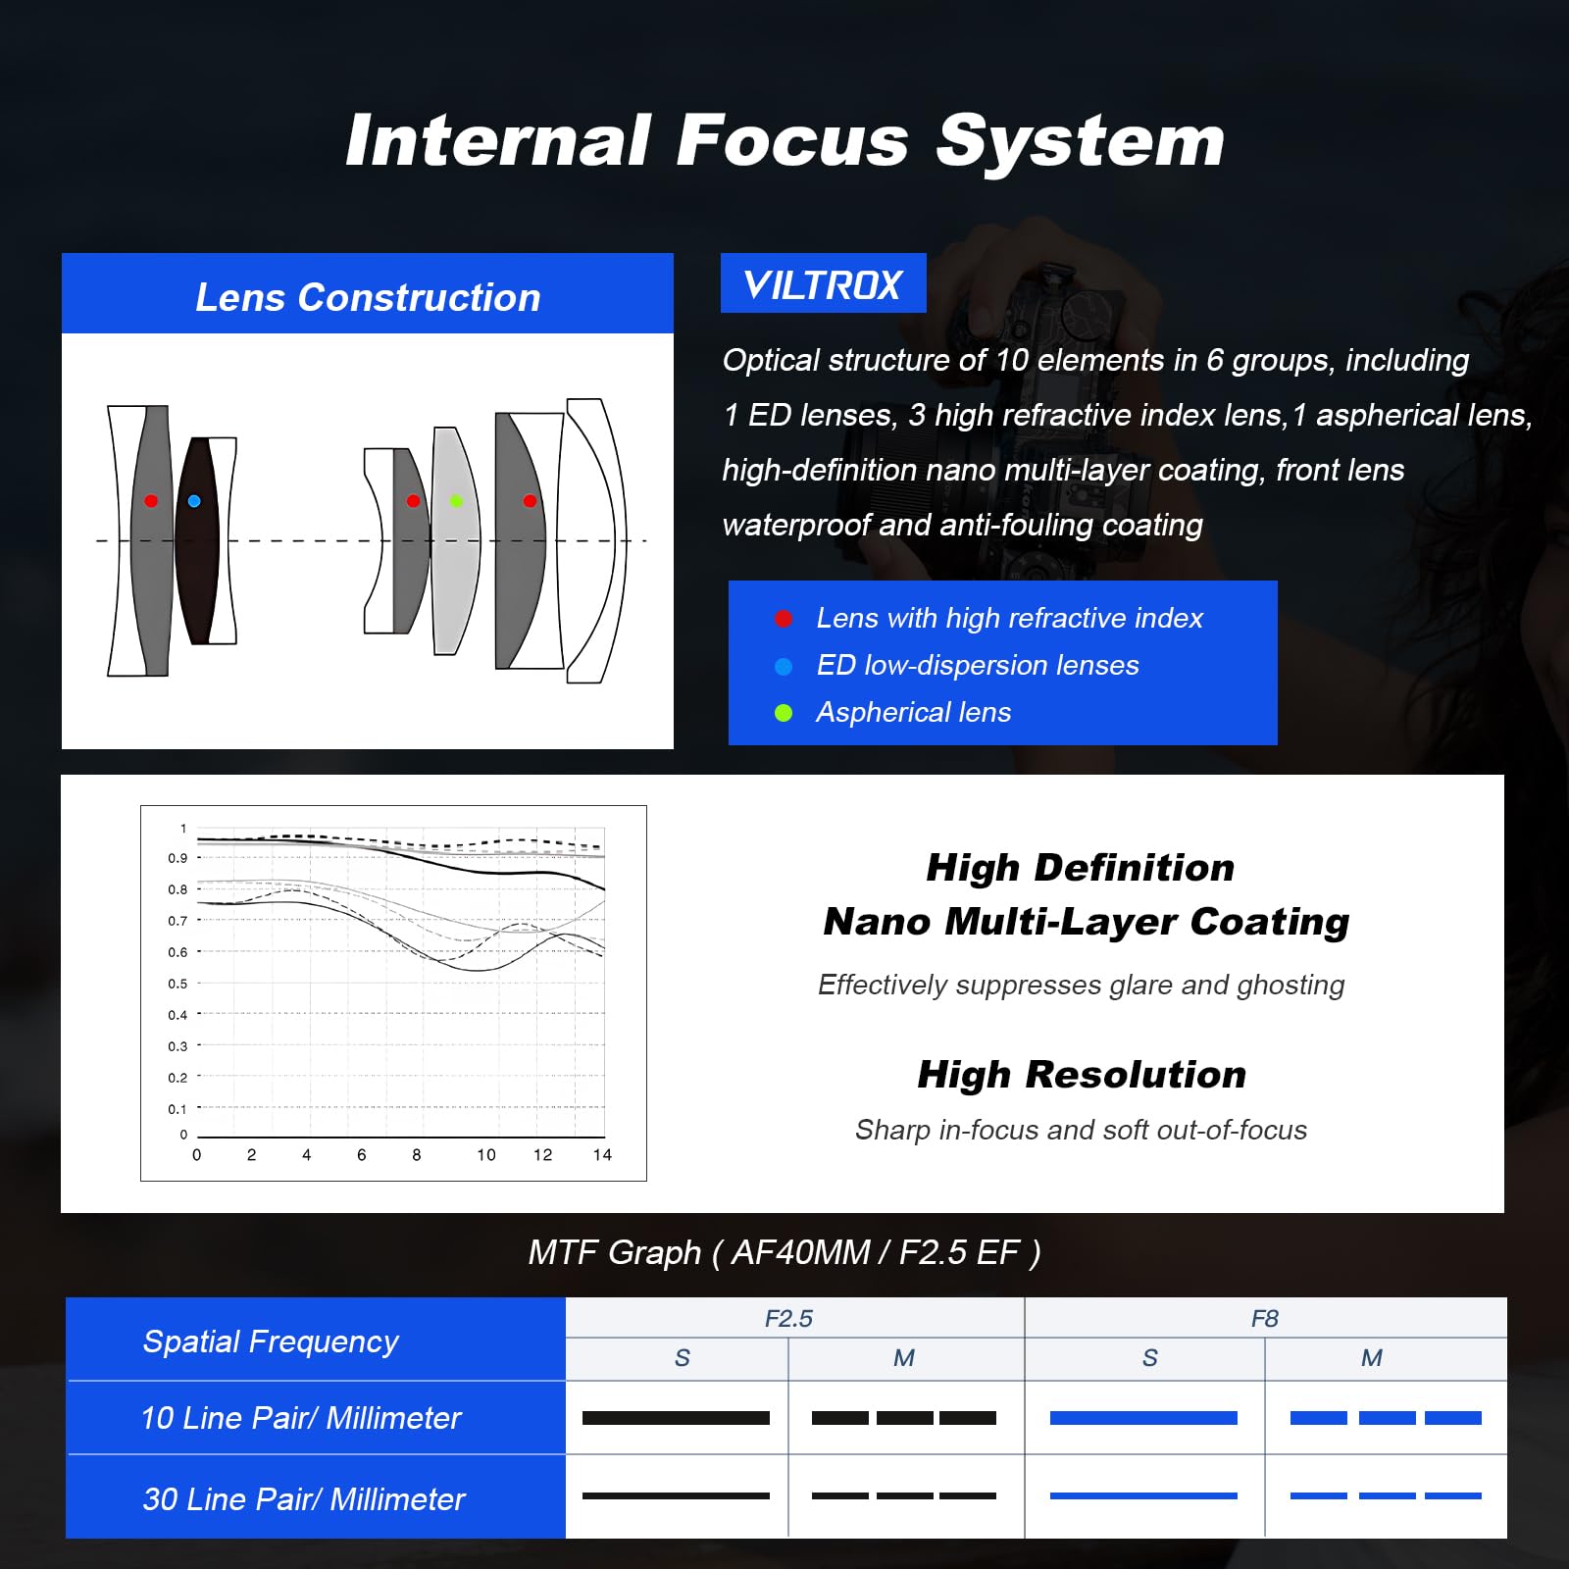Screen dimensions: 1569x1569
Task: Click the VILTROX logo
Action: tap(823, 284)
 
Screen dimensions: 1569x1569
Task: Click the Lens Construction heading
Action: tap(368, 297)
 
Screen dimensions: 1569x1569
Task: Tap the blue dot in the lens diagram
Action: tap(194, 501)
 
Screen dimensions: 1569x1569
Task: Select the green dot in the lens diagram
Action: tap(456, 501)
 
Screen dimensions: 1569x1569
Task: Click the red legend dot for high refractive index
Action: tap(784, 619)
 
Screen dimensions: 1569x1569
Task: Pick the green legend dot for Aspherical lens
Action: tap(784, 713)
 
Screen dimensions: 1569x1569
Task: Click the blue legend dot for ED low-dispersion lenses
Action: tap(784, 667)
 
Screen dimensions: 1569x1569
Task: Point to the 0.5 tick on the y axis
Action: tap(177, 984)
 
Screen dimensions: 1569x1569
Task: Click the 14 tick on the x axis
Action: tap(602, 1155)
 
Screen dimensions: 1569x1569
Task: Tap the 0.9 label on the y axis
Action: tap(177, 858)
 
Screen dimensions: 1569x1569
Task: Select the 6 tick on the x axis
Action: tap(362, 1155)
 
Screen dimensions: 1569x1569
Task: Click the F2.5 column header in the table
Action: tap(788, 1319)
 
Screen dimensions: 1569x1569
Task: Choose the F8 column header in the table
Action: tap(1265, 1319)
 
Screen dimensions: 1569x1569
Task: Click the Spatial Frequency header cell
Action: tap(271, 1341)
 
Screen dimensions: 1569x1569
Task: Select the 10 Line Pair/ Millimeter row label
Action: tap(300, 1418)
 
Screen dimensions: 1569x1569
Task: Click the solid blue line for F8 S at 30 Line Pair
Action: tap(1143, 1495)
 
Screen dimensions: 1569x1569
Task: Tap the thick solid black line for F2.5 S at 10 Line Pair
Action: tap(676, 1418)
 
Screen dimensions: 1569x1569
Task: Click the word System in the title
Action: tap(1080, 140)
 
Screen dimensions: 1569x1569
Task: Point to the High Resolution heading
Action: tap(1082, 1075)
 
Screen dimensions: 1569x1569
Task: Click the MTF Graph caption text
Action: tap(784, 1252)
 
